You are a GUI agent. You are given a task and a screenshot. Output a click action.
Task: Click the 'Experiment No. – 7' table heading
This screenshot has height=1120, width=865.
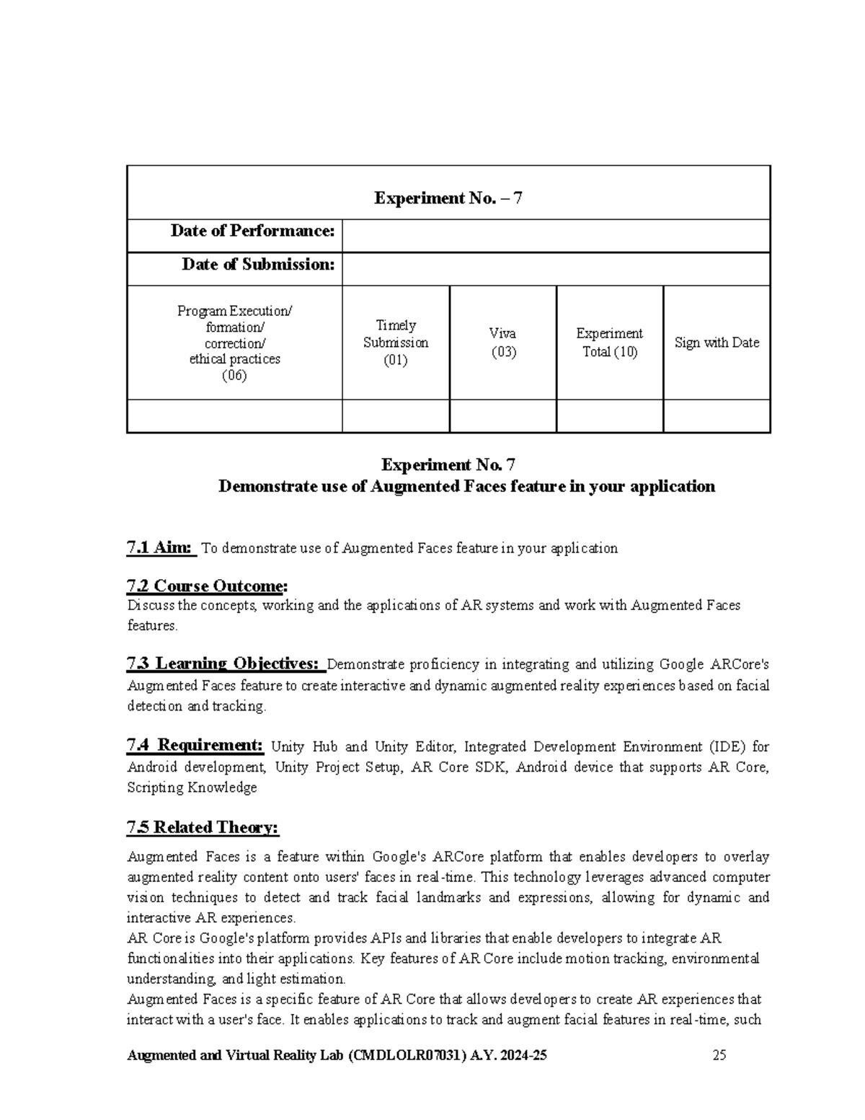(x=448, y=198)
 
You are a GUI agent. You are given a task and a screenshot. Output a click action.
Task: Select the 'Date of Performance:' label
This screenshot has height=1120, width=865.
(x=252, y=231)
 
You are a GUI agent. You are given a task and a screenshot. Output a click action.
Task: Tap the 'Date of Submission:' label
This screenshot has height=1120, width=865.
(x=258, y=265)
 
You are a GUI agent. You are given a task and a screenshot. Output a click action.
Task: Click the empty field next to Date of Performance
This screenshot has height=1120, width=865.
(x=556, y=236)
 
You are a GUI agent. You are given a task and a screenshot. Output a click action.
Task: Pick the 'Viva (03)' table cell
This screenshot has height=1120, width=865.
(x=502, y=343)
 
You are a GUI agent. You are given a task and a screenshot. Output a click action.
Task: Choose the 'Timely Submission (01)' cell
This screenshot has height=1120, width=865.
(x=396, y=343)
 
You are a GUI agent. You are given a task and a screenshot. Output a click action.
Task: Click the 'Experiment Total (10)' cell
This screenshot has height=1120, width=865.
(x=609, y=343)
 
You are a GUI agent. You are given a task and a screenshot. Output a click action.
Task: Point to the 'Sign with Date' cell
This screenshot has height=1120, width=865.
(x=717, y=343)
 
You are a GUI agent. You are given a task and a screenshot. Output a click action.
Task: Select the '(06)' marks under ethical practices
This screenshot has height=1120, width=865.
(x=234, y=376)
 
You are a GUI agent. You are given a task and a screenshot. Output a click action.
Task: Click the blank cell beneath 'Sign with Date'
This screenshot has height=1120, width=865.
(x=717, y=416)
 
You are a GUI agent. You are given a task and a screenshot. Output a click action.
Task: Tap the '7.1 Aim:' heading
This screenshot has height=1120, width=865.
(x=160, y=547)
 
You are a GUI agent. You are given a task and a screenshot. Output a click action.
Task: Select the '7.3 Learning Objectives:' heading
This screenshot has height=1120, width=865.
(x=223, y=663)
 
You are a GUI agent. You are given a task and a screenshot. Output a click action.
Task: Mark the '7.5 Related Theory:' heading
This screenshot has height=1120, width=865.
(x=203, y=827)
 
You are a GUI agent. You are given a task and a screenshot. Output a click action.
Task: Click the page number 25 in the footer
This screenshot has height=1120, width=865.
(x=719, y=1055)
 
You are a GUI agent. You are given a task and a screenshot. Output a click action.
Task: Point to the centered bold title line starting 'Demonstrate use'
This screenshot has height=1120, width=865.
(x=466, y=486)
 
